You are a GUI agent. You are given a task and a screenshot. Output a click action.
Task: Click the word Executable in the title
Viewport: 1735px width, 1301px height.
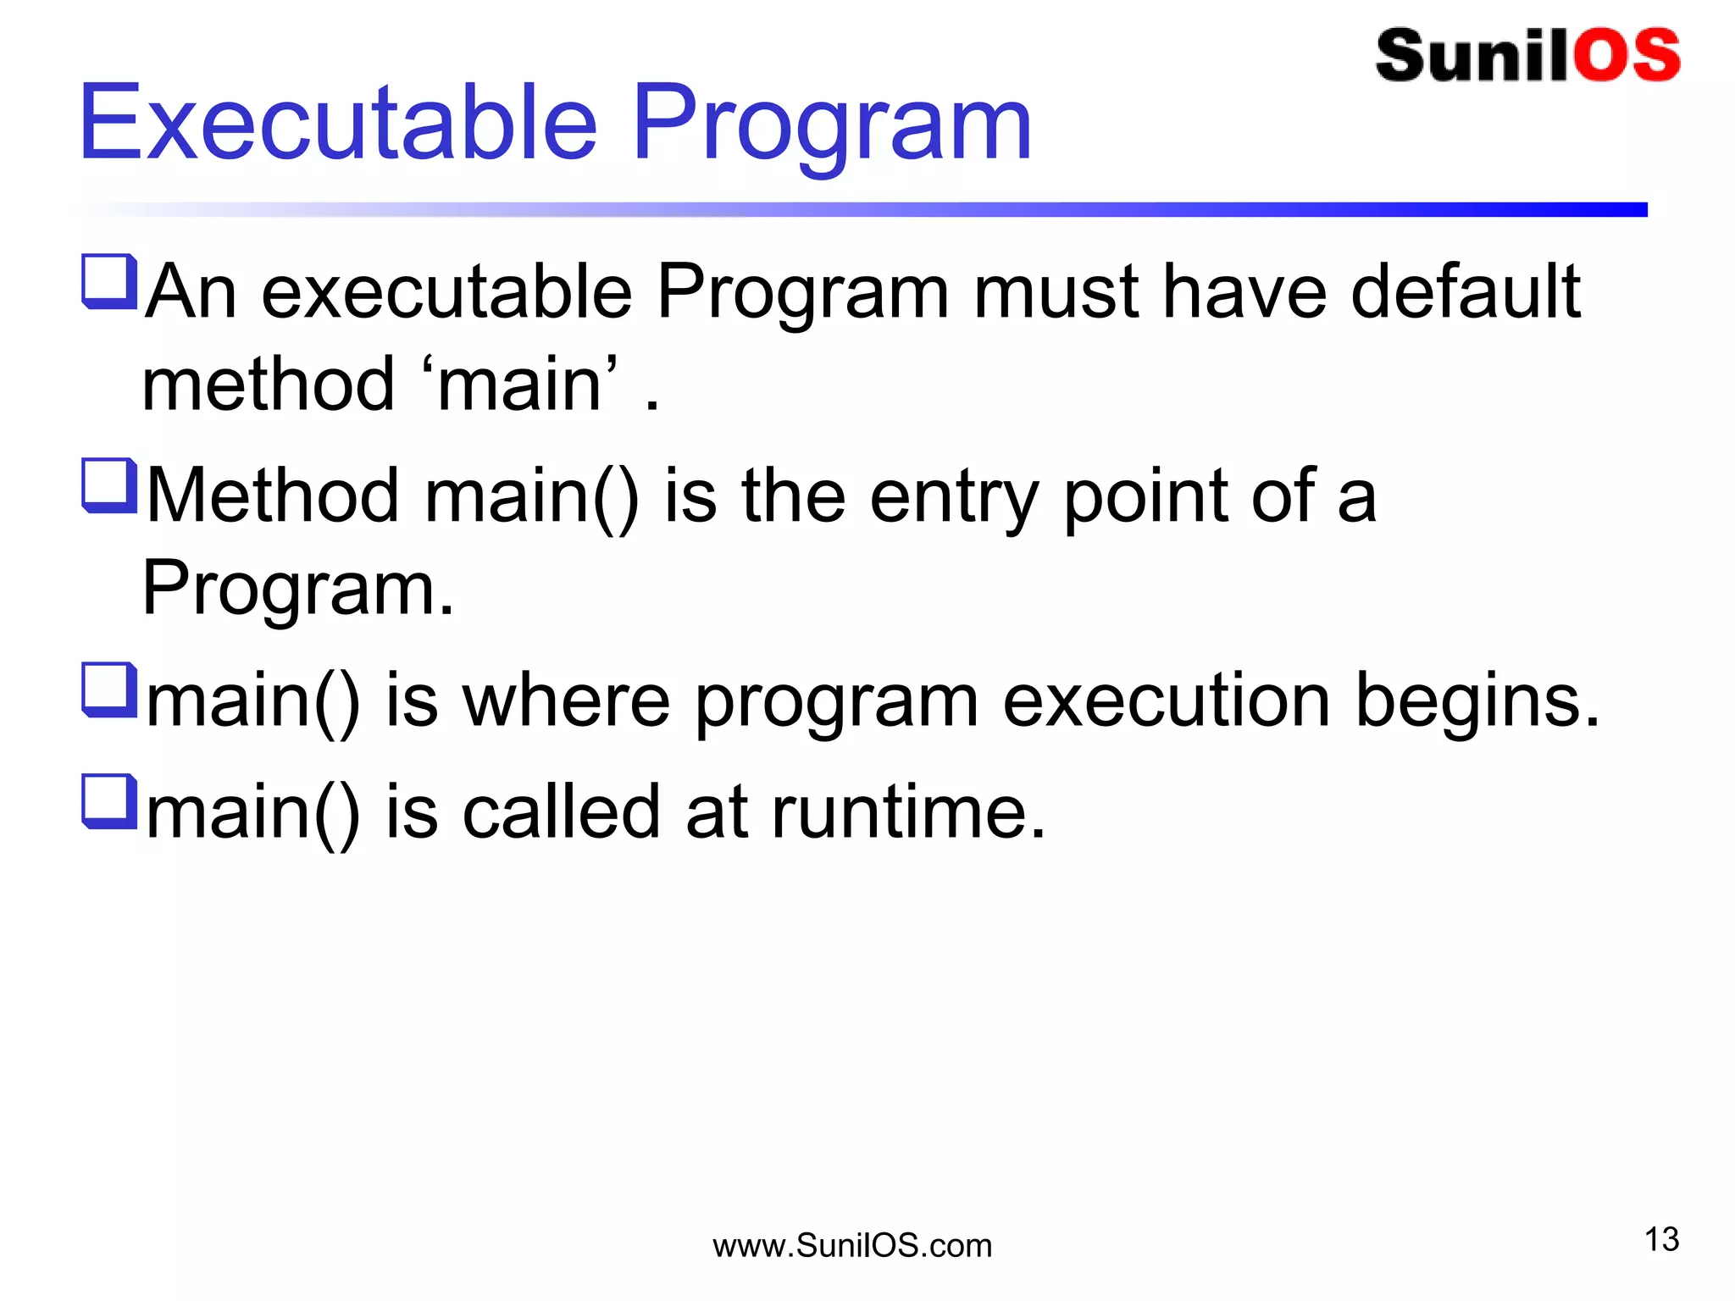pyautogui.click(x=338, y=122)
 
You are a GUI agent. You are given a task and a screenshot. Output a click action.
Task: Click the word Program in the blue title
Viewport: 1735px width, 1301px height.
pyautogui.click(x=831, y=127)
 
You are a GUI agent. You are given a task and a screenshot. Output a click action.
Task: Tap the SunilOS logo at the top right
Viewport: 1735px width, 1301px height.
pyautogui.click(x=1527, y=56)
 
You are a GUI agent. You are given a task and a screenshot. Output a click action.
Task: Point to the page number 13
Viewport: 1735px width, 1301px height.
pyautogui.click(x=1661, y=1239)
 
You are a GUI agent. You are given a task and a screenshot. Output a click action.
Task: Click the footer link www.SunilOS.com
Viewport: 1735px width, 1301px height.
pyautogui.click(x=851, y=1246)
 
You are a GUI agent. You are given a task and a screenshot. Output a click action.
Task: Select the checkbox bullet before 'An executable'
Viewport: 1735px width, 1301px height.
pyautogui.click(x=109, y=282)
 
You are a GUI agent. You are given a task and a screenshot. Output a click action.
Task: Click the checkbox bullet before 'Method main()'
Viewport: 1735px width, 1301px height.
pyautogui.click(x=109, y=486)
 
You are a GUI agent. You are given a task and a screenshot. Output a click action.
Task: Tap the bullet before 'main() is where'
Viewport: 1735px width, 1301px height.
pyautogui.click(x=109, y=690)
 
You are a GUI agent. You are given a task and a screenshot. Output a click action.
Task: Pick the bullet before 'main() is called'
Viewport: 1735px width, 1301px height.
pyautogui.click(x=109, y=802)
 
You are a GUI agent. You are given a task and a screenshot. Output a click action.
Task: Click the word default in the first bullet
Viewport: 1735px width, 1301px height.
pyautogui.click(x=1466, y=291)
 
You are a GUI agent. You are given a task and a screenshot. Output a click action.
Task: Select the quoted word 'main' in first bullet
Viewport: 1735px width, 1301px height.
pyautogui.click(x=520, y=385)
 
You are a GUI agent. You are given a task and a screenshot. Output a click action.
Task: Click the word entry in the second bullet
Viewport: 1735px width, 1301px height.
pyautogui.click(x=954, y=498)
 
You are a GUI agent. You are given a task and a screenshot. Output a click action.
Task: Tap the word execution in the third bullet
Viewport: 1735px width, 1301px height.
pyautogui.click(x=1166, y=700)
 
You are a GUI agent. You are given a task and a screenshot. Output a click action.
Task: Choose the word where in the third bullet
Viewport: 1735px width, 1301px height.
pyautogui.click(x=566, y=700)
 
